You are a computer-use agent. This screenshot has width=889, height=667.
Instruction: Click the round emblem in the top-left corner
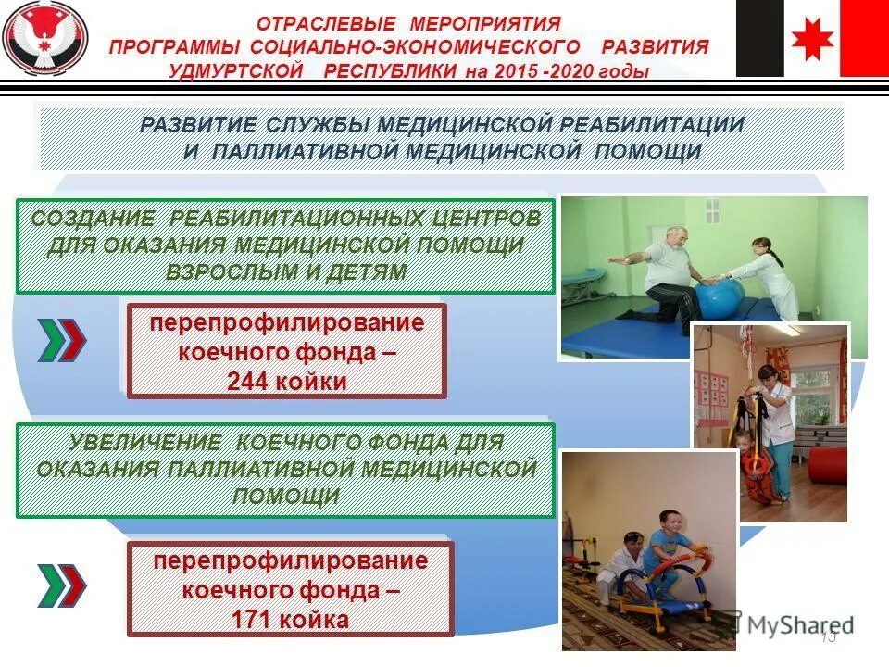click(45, 40)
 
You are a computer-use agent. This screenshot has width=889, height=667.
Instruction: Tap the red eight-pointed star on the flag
click(812, 39)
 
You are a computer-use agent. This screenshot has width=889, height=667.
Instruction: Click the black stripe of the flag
click(759, 39)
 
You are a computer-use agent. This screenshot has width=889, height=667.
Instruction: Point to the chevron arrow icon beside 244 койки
click(62, 341)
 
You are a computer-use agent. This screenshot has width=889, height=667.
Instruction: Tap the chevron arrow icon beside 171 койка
click(62, 585)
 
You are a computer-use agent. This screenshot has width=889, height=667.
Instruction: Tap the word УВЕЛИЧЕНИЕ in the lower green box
click(123, 443)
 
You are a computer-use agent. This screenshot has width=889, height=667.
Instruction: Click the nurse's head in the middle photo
click(767, 375)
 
